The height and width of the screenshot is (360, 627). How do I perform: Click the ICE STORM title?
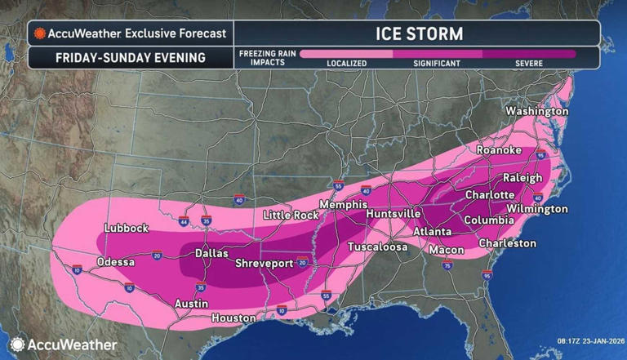[418, 34]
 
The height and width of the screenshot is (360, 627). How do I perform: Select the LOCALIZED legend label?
[347, 64]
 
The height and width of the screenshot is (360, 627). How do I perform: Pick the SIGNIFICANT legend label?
[437, 64]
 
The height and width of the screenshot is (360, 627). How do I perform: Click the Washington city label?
[536, 111]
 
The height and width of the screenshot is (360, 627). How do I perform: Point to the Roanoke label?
[499, 150]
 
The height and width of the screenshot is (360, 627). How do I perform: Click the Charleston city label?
[507, 243]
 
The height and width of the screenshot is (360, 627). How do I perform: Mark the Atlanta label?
[432, 232]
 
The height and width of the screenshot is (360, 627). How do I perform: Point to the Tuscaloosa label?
[377, 247]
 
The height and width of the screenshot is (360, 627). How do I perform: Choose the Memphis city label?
[339, 204]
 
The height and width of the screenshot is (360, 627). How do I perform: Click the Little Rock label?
[290, 215]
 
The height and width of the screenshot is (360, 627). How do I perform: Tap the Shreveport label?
[263, 264]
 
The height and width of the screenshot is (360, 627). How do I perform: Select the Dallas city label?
[211, 254]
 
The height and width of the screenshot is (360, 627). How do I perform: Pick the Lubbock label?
[127, 229]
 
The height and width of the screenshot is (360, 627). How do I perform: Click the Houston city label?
[233, 318]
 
